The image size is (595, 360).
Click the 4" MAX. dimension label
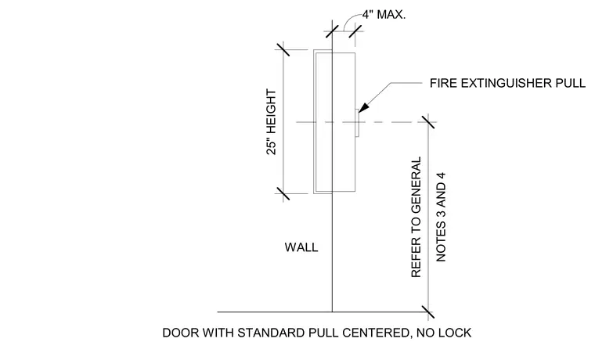coord(384,15)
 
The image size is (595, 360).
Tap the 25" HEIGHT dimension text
coord(272,122)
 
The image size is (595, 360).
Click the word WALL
coord(301,247)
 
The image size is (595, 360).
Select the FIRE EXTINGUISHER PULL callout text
coord(507,83)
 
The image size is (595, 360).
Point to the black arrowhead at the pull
coord(363,107)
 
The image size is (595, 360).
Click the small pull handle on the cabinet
coord(357,123)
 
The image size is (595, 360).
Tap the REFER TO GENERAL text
coord(416,217)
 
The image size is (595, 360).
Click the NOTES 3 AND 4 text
coord(441,217)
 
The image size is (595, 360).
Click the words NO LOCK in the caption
coord(444,333)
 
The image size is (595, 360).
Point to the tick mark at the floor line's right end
coord(428,311)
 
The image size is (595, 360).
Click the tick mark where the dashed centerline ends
coord(428,122)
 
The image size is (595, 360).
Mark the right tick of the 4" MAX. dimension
coord(355,31)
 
